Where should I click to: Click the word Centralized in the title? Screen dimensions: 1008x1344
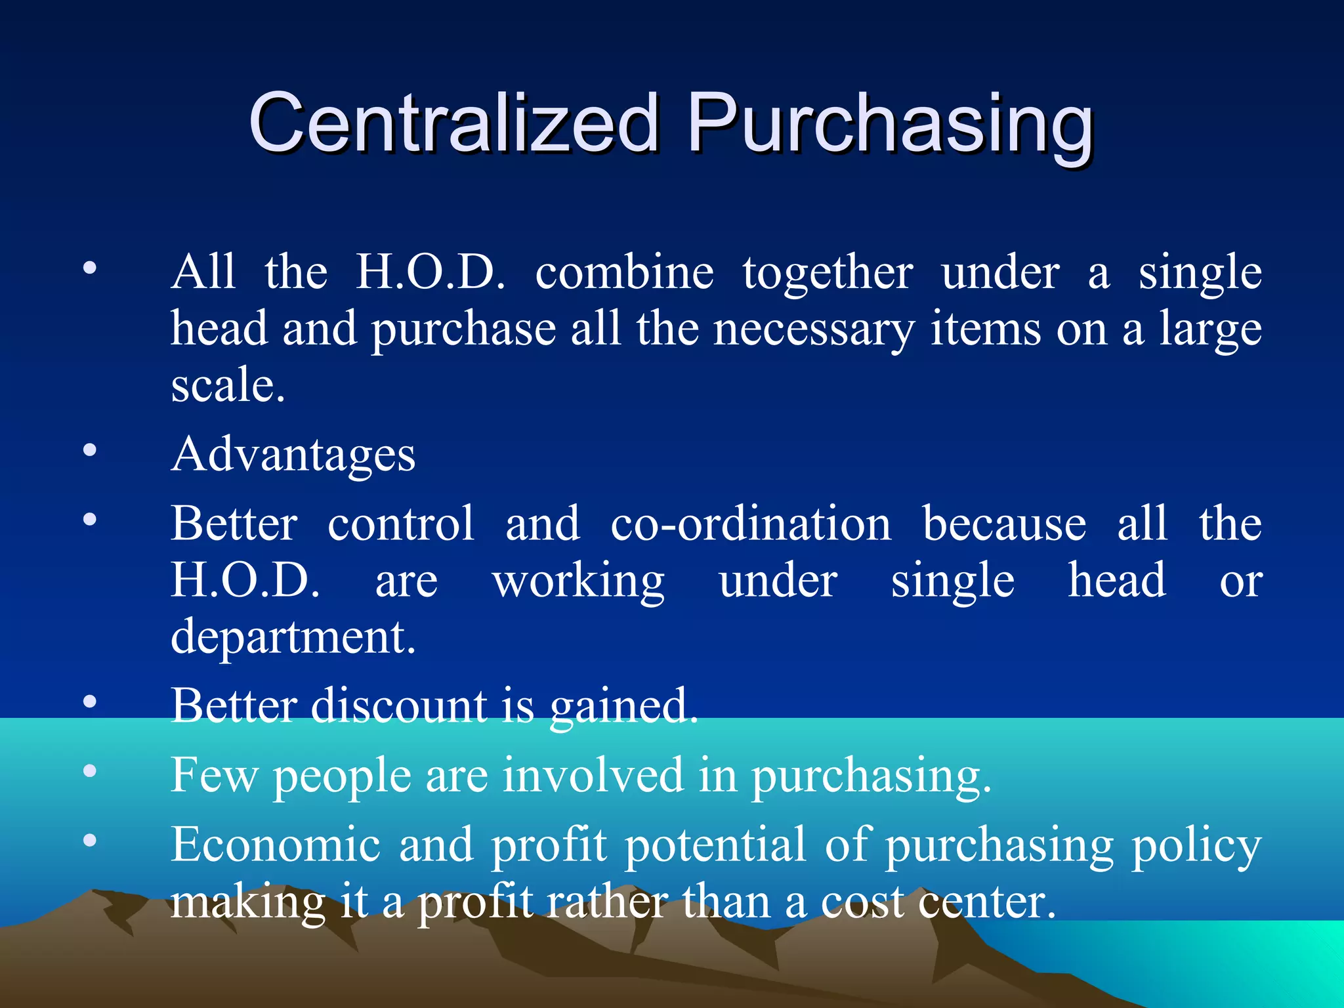[453, 123]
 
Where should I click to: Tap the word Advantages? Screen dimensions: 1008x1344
[293, 454]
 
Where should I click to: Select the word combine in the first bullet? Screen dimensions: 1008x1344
[624, 272]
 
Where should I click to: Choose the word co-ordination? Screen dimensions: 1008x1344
[751, 524]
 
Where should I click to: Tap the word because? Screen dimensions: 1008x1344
[1004, 524]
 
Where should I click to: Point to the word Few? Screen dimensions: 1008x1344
[215, 776]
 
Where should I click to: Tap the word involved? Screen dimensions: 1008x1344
[593, 776]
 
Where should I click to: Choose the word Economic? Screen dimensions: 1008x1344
[276, 845]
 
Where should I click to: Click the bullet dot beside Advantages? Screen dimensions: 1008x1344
[90, 450]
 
